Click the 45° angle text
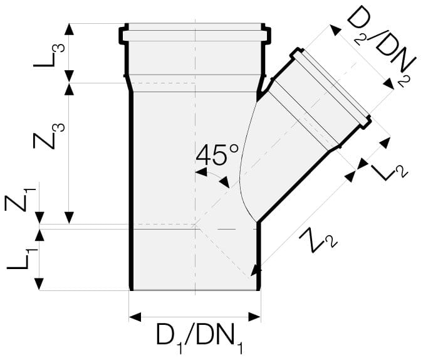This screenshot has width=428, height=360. [217, 154]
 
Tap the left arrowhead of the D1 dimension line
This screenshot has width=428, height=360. [133, 317]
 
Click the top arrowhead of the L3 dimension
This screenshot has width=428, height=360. [70, 28]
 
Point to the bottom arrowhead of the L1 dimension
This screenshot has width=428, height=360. [39, 286]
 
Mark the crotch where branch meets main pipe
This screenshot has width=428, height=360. [258, 95]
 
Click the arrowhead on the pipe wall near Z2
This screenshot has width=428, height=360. [255, 270]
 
